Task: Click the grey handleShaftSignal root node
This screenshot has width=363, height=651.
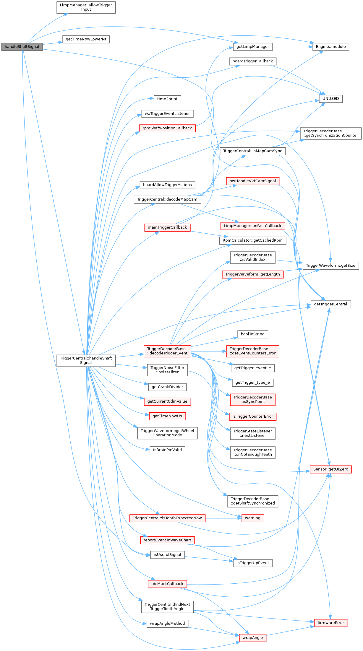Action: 22,47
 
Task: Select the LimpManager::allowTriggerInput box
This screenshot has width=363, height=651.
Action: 86,7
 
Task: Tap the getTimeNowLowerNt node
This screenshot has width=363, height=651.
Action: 86,39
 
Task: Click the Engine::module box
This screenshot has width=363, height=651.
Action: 330,47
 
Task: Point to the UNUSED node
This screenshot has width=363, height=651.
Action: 330,99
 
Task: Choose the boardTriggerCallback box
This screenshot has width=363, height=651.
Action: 252,61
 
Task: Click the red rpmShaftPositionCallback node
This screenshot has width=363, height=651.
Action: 167,128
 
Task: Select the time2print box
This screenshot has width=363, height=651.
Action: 167,99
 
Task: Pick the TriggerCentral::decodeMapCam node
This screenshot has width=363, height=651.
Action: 167,199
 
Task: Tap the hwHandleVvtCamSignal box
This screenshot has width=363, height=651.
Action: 252,181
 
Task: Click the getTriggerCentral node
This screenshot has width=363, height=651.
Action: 330,304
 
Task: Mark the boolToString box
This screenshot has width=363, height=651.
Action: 252,334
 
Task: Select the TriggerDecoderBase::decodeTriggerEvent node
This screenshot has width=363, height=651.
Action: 167,351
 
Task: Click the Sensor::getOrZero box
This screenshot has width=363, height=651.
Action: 330,469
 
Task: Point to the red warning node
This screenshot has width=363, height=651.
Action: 252,518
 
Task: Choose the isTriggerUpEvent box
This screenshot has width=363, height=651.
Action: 252,563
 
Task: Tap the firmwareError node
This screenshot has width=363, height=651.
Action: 330,623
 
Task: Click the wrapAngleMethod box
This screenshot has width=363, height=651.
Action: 167,624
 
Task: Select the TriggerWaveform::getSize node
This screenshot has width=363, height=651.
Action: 330,266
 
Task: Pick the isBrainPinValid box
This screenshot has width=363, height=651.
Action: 167,450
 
